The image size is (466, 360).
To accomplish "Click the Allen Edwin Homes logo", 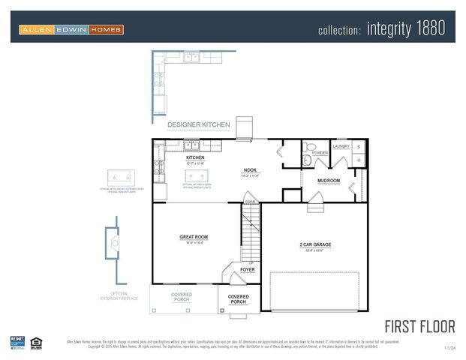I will tap(71, 29).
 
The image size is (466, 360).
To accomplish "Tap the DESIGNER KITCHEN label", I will tap(198, 124).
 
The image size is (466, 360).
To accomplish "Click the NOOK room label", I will tap(250, 171).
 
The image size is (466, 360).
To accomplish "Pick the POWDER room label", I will tap(320, 153).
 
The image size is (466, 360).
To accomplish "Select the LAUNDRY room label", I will tap(341, 146).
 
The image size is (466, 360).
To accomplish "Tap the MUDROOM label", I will tap(329, 181).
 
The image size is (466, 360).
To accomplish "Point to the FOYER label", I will tap(247, 269).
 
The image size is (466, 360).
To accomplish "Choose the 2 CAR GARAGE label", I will tap(315, 245).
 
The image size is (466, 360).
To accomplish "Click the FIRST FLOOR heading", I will tap(419, 326).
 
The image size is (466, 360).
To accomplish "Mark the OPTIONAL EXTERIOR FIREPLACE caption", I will tap(114, 296).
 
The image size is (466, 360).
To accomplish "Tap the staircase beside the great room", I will tap(251, 232).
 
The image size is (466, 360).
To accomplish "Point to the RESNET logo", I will tap(17, 342).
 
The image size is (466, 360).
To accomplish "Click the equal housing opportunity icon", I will tap(35, 343).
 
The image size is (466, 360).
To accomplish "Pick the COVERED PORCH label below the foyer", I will tap(239, 299).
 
